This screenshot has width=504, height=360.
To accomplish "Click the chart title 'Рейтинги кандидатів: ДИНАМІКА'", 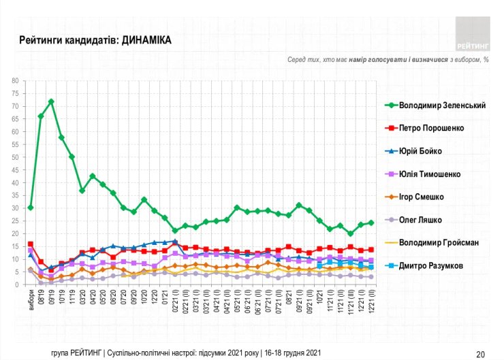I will pos(95,41).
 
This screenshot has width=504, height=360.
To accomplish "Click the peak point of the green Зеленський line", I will pos(51,101).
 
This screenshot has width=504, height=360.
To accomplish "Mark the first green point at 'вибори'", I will pos(31,208).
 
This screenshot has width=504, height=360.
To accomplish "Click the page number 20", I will pos(480,353).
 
